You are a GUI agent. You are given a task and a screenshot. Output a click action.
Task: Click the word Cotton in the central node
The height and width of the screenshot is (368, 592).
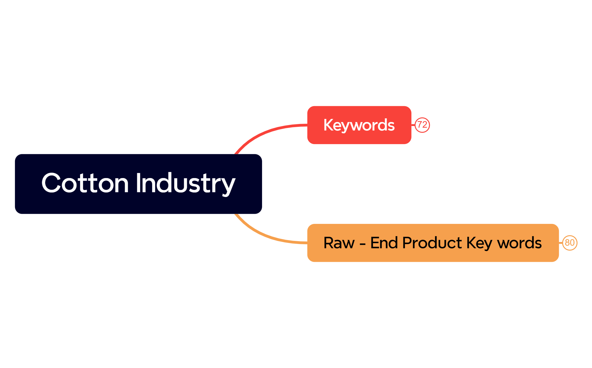click(x=85, y=183)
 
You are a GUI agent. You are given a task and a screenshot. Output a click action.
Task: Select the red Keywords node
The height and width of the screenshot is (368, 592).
click(x=359, y=125)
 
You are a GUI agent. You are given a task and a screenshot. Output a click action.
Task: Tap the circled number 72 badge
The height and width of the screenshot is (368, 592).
click(x=422, y=125)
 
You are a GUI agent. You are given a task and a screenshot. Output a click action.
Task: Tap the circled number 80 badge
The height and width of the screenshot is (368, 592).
click(x=570, y=243)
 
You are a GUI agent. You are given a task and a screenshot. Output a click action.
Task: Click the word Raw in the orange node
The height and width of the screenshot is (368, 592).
click(x=339, y=243)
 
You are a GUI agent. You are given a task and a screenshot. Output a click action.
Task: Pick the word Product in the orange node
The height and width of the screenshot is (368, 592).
click(x=432, y=243)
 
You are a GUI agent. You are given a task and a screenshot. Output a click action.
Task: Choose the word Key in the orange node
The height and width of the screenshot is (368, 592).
click(x=479, y=244)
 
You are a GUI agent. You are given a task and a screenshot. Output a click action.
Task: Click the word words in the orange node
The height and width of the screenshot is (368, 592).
click(x=519, y=243)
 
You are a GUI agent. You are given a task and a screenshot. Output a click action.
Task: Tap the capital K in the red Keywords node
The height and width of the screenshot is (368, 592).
click(x=329, y=125)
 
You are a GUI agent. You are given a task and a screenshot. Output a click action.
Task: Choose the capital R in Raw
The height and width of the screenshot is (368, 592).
click(x=329, y=243)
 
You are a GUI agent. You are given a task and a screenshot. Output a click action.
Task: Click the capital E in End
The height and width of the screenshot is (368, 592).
click(x=375, y=243)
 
